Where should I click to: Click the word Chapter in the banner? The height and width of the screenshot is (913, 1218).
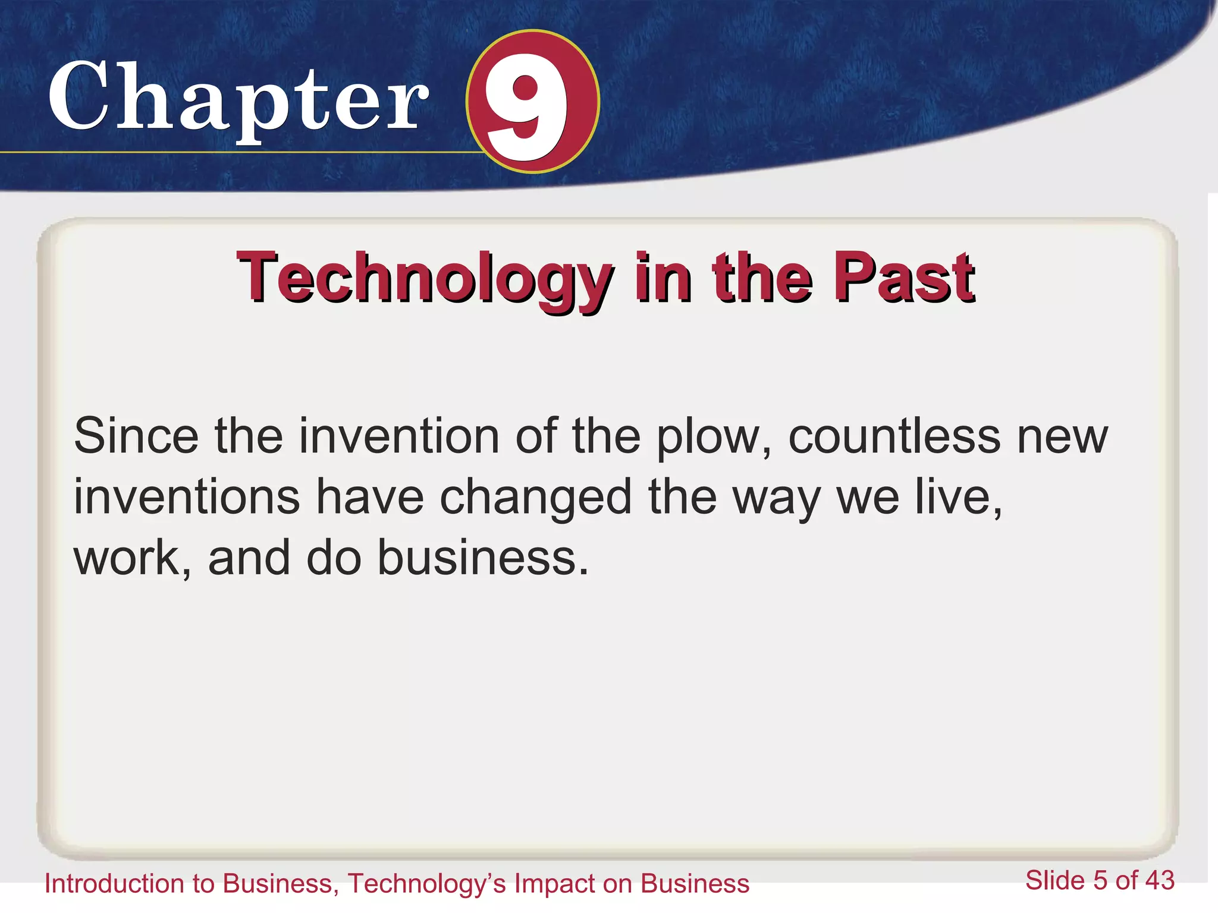click(238, 98)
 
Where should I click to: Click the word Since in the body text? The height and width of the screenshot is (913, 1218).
click(136, 436)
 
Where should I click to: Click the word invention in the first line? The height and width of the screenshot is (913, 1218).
click(398, 436)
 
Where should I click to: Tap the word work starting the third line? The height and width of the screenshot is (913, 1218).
click(126, 558)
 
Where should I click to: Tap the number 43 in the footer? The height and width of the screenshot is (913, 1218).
click(1160, 880)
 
